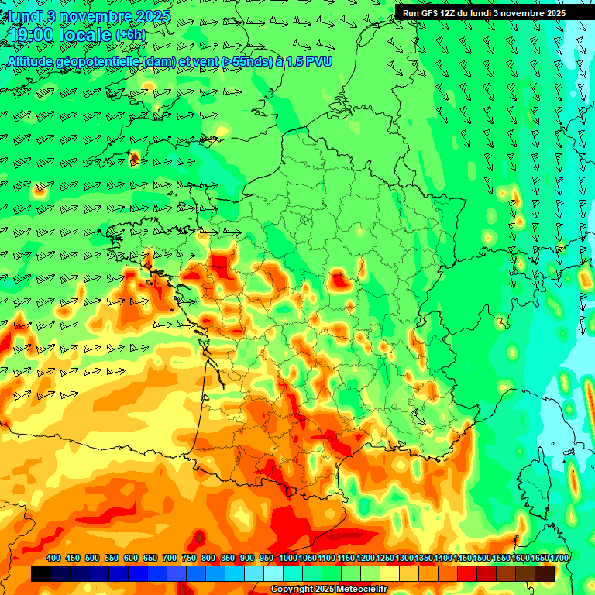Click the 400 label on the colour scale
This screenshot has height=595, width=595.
(x=53, y=558)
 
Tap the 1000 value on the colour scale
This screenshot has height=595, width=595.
(x=287, y=558)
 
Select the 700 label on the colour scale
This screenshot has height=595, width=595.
(x=170, y=558)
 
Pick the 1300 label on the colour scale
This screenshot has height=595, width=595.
(x=404, y=558)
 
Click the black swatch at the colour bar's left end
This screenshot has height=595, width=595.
(x=41, y=573)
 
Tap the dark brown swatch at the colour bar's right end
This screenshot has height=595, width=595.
(x=545, y=573)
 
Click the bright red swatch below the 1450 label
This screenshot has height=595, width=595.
(x=467, y=573)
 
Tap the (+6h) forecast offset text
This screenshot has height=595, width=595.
(x=130, y=35)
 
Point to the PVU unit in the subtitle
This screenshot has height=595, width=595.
(x=318, y=60)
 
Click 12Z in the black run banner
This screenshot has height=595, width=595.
(x=452, y=13)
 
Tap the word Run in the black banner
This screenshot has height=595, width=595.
(x=411, y=13)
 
